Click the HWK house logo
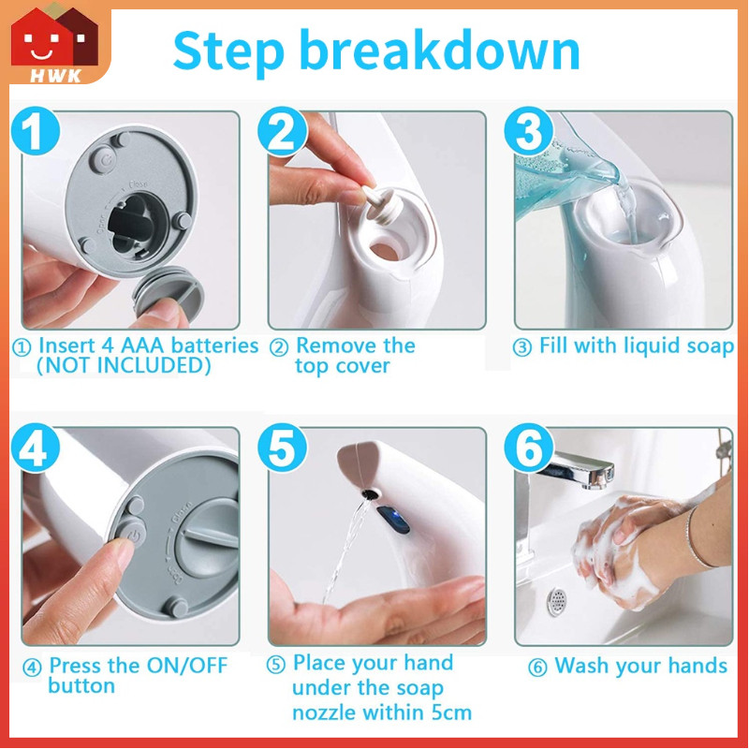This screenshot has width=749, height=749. (54, 44)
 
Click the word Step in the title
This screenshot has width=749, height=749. (228, 51)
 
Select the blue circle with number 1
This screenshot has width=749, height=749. (36, 130)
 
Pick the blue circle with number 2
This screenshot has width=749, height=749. (282, 130)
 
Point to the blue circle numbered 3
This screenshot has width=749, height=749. (529, 130)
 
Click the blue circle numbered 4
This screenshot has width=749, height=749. (36, 448)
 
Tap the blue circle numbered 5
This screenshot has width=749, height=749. (282, 448)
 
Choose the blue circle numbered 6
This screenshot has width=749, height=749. (529, 448)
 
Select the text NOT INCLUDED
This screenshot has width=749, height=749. (124, 365)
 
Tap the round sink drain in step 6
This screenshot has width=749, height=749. (557, 601)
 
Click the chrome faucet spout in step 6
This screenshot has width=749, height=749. (581, 469)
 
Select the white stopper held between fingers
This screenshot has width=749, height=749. (380, 201)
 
